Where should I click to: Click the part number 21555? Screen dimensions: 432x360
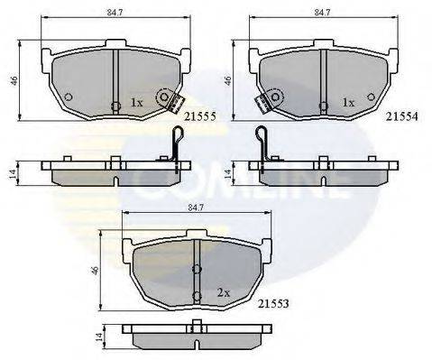tap(200, 116)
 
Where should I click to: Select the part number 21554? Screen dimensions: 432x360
tap(402, 116)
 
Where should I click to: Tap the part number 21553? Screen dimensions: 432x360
tap(273, 303)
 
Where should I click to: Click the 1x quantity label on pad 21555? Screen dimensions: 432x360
tap(136, 103)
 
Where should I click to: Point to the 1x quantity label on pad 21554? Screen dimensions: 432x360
tap(348, 103)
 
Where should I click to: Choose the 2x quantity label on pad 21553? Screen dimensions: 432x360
tap(224, 292)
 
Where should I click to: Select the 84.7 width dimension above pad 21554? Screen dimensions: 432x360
tap(322, 12)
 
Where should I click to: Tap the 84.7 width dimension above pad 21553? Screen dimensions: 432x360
tap(196, 207)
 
